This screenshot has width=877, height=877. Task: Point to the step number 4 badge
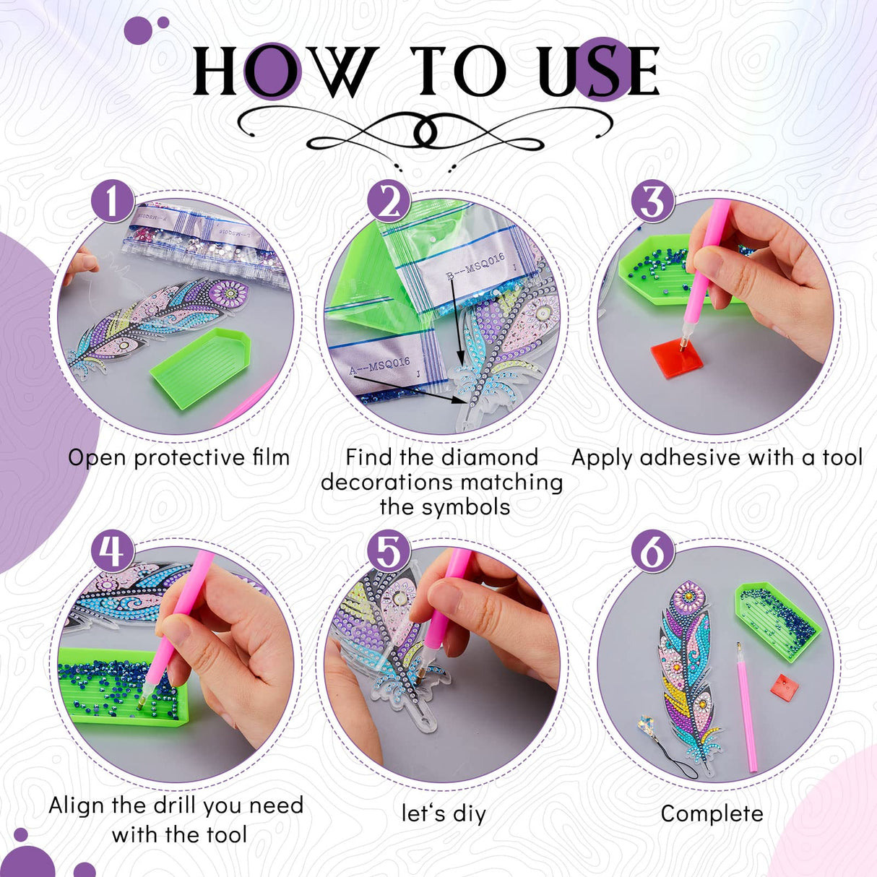113,551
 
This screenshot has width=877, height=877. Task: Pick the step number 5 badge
389,551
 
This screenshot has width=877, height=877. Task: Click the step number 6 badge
652,551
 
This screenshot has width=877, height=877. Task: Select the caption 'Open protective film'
178,457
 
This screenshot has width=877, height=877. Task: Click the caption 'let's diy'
444,813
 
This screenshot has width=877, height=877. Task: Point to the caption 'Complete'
712,813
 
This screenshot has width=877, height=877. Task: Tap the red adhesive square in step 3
677,359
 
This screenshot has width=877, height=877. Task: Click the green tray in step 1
200,366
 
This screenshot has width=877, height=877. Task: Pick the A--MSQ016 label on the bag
379,366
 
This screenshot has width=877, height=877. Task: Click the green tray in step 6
777,620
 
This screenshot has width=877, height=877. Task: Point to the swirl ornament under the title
426,134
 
